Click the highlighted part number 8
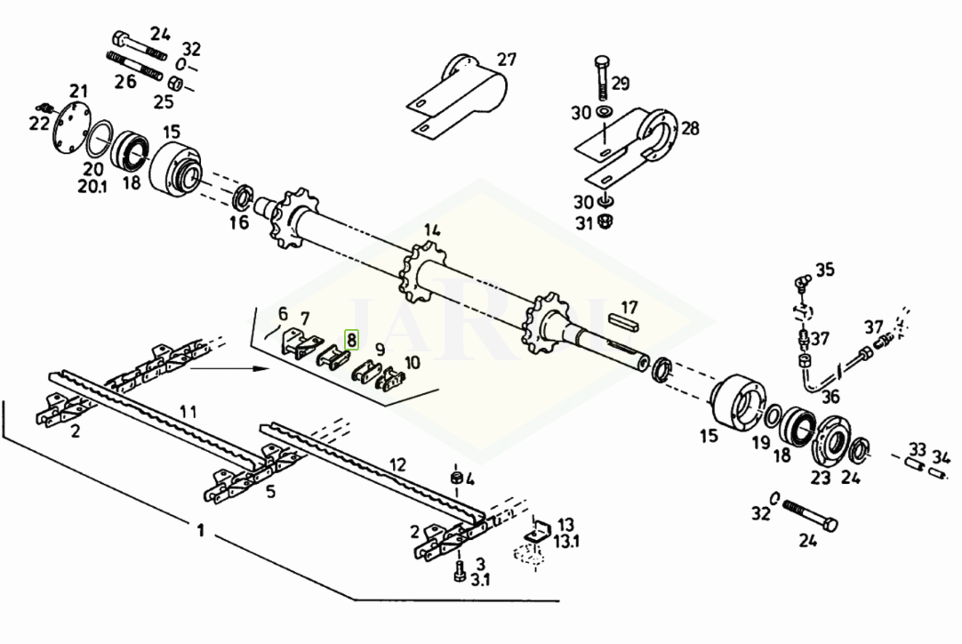click(351, 340)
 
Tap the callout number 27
click(507, 60)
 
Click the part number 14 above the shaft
click(432, 231)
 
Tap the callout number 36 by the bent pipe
click(830, 397)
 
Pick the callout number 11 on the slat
click(188, 411)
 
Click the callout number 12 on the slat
click(397, 464)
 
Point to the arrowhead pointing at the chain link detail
click(264, 368)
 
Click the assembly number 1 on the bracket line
click(200, 530)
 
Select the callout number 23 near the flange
click(821, 477)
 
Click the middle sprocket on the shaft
click(422, 269)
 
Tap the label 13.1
click(566, 542)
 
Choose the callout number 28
click(690, 128)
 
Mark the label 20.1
click(92, 186)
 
